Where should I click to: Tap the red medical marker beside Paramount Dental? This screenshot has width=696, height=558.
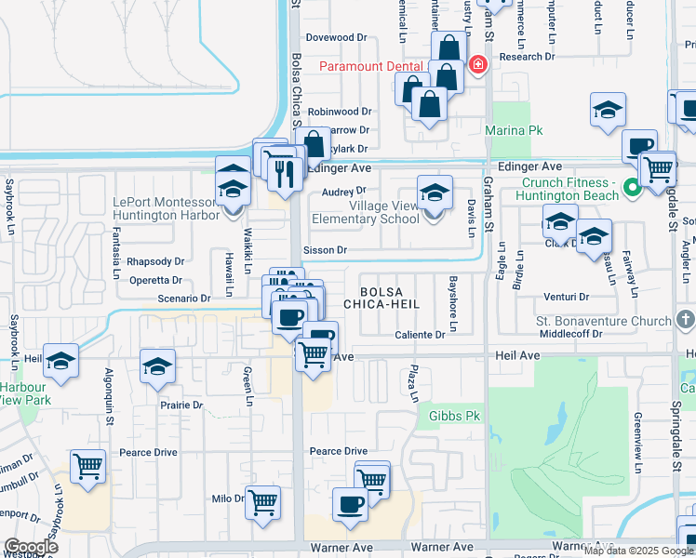(x=478, y=64)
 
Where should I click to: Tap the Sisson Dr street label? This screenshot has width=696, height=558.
(x=325, y=250)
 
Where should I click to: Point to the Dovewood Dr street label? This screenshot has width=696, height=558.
(x=338, y=37)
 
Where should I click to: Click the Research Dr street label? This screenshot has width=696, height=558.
(x=526, y=57)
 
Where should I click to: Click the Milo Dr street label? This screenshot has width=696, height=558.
(x=228, y=498)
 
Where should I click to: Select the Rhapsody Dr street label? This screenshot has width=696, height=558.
(x=155, y=261)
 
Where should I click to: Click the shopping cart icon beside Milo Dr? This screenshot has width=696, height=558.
(x=263, y=502)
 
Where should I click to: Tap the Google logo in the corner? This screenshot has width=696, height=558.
(x=30, y=547)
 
